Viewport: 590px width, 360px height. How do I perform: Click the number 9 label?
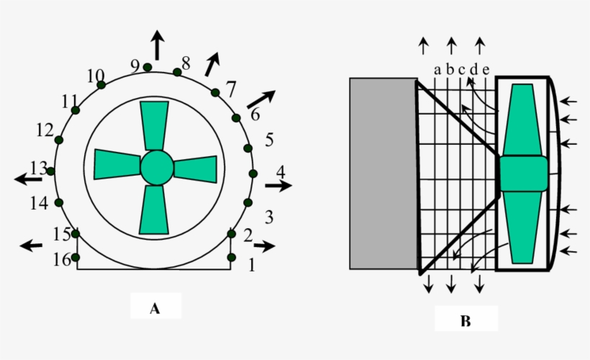(x=135, y=66)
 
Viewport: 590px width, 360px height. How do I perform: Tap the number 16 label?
(x=62, y=259)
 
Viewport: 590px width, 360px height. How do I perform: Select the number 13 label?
(x=38, y=168)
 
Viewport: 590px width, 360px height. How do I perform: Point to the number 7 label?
(x=231, y=89)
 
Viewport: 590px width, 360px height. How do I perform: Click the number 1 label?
(x=252, y=265)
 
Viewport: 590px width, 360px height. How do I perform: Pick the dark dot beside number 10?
(x=101, y=85)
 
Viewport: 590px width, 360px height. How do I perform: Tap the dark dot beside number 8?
(x=177, y=72)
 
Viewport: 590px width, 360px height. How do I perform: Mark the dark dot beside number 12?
(x=59, y=140)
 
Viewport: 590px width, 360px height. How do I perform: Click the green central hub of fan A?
(x=157, y=168)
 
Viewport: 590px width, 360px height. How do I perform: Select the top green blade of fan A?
(x=154, y=126)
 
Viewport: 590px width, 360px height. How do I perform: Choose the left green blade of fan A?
(x=117, y=165)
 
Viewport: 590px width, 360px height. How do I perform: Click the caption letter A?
(x=155, y=309)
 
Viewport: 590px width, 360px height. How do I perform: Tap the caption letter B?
(x=466, y=321)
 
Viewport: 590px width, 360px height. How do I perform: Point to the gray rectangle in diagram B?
(x=383, y=174)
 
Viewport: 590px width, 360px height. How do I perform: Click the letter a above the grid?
(x=437, y=70)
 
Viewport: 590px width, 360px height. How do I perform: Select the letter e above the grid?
(x=486, y=70)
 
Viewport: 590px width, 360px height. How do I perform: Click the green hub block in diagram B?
(x=523, y=174)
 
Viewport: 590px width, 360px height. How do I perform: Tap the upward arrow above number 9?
(x=158, y=45)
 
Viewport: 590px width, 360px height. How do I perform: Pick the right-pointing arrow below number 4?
(x=278, y=185)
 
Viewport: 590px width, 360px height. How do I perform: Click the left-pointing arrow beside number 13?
(x=28, y=179)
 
